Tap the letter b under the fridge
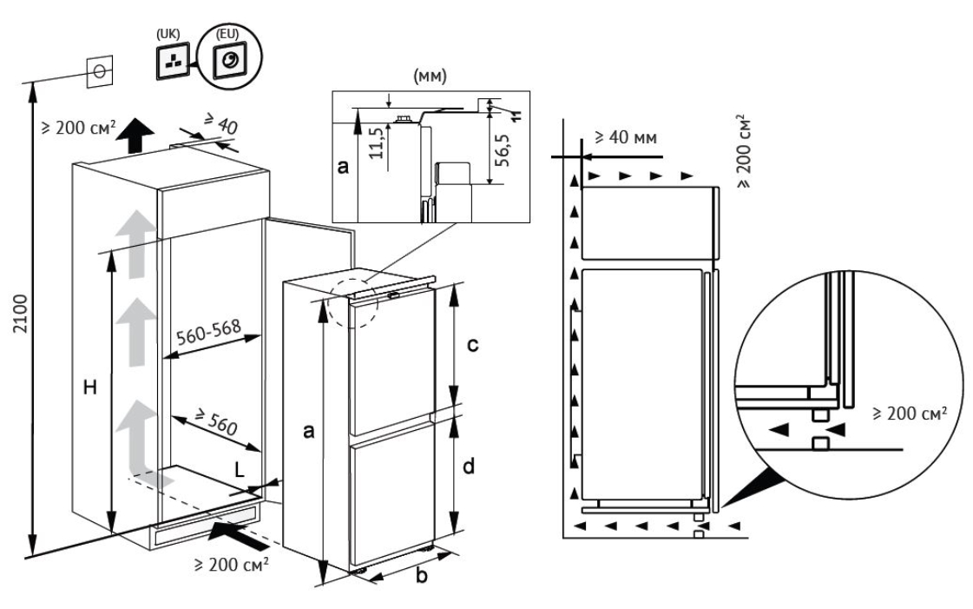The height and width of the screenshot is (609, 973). tap(422, 574)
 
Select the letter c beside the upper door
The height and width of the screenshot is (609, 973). tap(472, 346)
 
